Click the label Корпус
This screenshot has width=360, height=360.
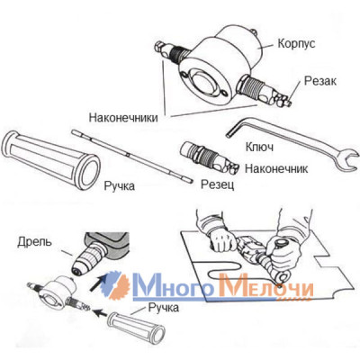click(x=296, y=44)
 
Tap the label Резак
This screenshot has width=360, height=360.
click(x=320, y=81)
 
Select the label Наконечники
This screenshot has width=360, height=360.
click(x=123, y=117)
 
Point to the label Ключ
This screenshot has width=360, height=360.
click(x=259, y=147)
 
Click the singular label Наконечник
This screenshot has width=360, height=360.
click(x=276, y=168)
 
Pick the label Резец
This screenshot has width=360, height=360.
click(x=217, y=184)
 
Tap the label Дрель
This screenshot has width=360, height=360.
click(x=34, y=242)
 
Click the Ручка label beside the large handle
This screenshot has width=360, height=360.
click(x=120, y=186)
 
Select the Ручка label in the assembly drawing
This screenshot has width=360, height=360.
click(x=164, y=308)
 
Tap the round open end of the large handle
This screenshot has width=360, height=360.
click(x=89, y=172)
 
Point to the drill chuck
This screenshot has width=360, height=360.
click(x=87, y=258)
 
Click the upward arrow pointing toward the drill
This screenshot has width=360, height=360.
click(x=98, y=283)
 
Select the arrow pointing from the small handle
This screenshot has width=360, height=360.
click(x=101, y=313)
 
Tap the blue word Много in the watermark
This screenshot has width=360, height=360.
click(x=177, y=285)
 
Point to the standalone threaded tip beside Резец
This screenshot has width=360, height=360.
click(x=210, y=158)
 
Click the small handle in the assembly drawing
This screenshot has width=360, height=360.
click(x=136, y=328)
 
